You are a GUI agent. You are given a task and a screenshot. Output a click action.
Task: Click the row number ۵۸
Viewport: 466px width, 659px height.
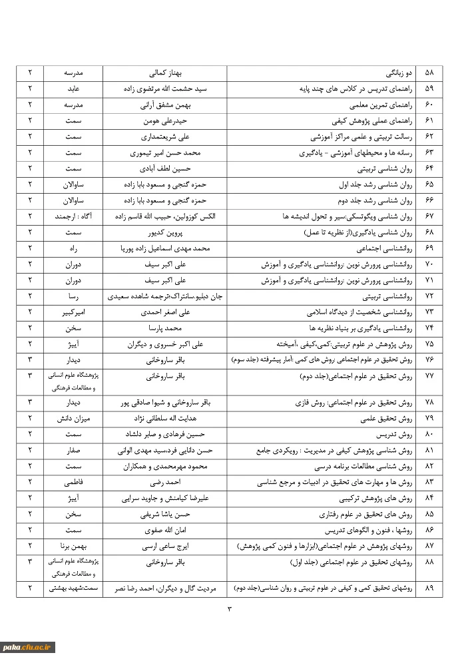click(x=429, y=72)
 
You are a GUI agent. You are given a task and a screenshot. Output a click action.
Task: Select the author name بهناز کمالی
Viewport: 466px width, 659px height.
click(x=164, y=72)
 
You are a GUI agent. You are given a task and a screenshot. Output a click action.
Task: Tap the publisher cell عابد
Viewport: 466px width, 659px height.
click(x=73, y=89)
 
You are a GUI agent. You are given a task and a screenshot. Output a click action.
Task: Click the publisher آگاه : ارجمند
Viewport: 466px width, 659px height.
click(x=73, y=216)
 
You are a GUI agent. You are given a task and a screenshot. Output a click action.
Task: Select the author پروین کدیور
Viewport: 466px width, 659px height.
click(x=164, y=232)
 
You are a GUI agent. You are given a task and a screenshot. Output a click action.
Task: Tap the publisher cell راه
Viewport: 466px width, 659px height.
click(x=73, y=248)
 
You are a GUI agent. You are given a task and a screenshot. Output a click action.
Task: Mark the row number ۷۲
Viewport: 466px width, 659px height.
click(x=429, y=296)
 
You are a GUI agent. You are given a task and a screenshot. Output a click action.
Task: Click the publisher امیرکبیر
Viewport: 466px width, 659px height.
click(x=73, y=312)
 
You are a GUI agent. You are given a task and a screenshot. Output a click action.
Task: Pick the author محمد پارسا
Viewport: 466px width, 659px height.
click(x=164, y=328)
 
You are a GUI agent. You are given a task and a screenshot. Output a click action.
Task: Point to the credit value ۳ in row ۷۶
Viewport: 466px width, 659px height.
click(x=30, y=360)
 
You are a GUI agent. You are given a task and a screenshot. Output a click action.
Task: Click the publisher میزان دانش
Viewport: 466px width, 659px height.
click(x=73, y=418)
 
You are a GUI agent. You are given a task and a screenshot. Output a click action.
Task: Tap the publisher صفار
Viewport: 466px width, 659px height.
click(x=73, y=450)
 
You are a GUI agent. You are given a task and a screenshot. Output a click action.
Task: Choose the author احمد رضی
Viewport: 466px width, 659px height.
click(x=164, y=482)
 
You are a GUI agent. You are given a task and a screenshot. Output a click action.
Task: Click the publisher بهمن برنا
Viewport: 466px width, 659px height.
click(x=73, y=547)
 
